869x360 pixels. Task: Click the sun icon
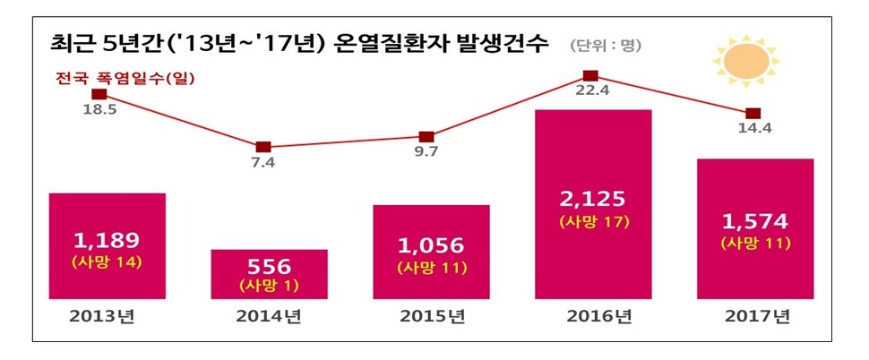click(747, 60)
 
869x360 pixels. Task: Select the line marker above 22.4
click(590, 76)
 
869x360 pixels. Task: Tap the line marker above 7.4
click(262, 147)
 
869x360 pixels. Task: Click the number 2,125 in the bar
click(593, 199)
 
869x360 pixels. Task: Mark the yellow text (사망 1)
click(270, 287)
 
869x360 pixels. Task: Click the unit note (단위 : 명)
click(605, 45)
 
